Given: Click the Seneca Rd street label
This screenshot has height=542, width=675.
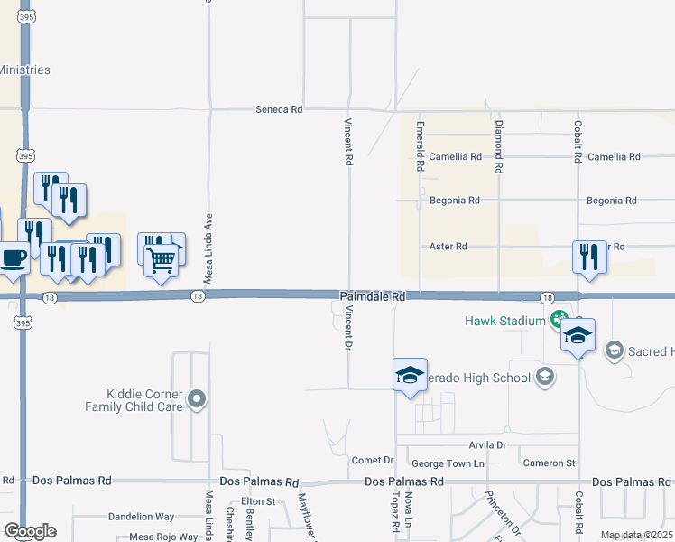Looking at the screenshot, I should [280, 109].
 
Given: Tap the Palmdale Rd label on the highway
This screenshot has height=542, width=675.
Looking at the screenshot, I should [373, 296].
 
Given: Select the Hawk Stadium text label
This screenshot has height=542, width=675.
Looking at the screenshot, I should [505, 321].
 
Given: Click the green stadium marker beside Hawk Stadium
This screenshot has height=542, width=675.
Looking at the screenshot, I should [559, 318].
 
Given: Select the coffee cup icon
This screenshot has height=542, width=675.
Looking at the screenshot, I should [14, 257].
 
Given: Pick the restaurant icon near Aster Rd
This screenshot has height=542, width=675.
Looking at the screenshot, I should [589, 257].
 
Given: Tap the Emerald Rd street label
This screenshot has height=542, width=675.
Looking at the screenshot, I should [420, 147].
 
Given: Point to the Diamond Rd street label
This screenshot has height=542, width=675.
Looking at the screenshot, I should [497, 146].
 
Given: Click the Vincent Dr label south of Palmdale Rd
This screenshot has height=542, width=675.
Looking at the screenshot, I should [348, 327].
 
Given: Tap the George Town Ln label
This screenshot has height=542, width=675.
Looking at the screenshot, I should [448, 463].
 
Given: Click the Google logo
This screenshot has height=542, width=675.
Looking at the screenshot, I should [30, 531].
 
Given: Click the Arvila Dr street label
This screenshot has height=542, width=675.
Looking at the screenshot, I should [487, 445].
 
